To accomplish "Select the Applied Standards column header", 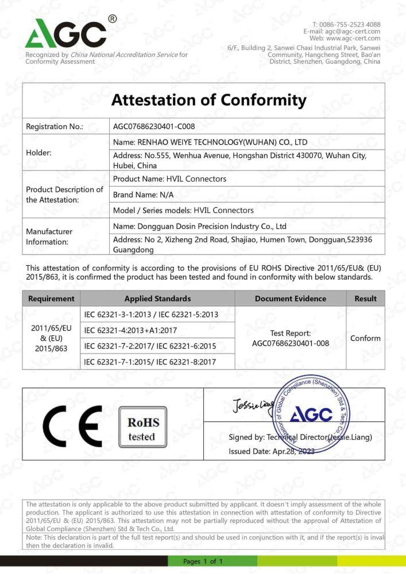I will (157, 298).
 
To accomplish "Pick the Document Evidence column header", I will (290, 298).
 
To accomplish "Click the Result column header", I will (365, 298).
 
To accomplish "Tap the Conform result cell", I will (365, 338).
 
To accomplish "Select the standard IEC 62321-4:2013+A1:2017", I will (130, 330).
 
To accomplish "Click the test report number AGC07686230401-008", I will (290, 343).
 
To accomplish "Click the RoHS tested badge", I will (143, 428).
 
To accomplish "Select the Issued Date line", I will (271, 451).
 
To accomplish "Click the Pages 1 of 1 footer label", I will (202, 561).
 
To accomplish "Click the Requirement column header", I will (51, 298).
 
